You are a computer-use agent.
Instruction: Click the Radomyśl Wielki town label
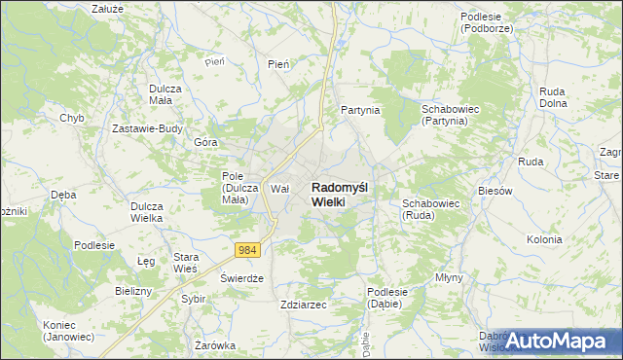tap(340, 194)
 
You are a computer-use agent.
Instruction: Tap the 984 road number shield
tap(248, 250)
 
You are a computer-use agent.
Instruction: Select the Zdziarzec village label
tap(303, 305)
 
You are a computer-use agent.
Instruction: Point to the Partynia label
tap(359, 111)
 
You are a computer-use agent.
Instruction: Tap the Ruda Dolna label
tap(553, 96)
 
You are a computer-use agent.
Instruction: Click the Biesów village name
tap(495, 191)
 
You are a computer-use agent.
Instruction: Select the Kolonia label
tap(544, 239)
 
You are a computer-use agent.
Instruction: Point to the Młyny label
tap(450, 277)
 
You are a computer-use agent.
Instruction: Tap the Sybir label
tap(193, 299)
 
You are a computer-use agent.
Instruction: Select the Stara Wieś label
tap(186, 263)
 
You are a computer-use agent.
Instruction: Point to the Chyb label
tap(71, 118)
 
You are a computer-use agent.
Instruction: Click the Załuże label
tap(106, 8)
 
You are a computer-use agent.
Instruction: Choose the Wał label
tap(280, 189)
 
